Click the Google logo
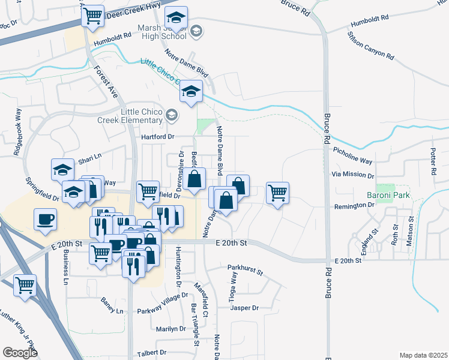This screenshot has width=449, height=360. point(20,353)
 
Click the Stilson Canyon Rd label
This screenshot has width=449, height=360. point(370,45)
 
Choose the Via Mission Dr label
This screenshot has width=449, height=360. point(353,176)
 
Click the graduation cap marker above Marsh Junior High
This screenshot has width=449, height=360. point(176,17)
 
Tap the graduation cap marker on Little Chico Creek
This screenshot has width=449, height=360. point(191,92)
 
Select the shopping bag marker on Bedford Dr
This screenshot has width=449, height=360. point(194,179)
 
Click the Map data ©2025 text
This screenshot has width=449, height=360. point(424,355)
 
